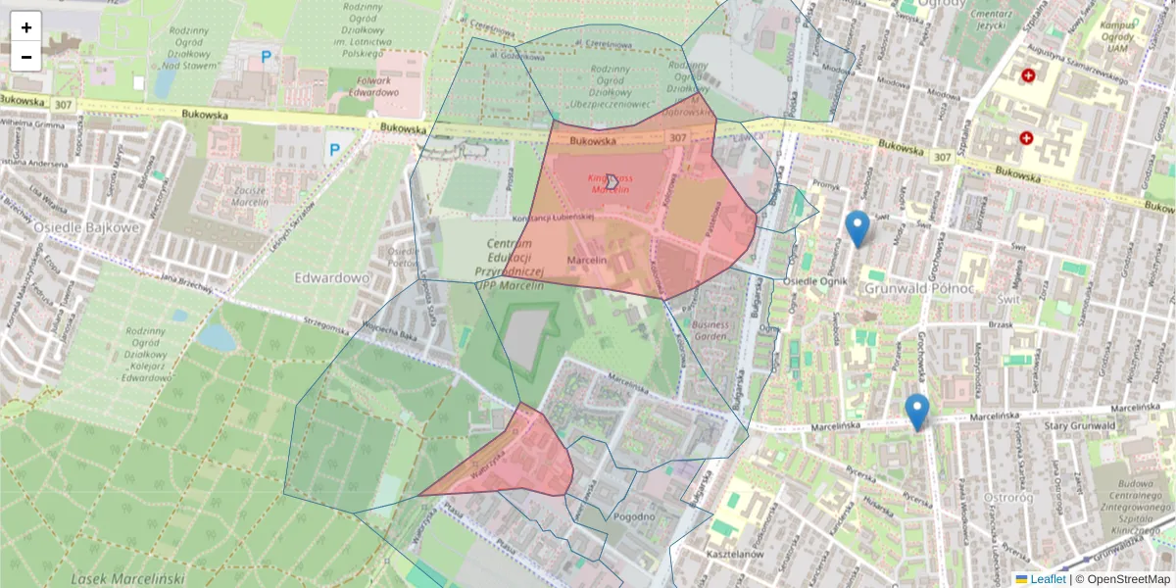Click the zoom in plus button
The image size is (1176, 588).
coord(26,27)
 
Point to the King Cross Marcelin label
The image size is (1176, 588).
coord(609,183)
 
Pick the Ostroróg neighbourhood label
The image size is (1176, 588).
coord(1015,497)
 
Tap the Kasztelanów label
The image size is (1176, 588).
coord(734,554)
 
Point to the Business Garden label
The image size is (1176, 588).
coord(710,329)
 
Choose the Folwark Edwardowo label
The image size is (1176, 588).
coord(373,86)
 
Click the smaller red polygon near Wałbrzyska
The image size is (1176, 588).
coord(519,461)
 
